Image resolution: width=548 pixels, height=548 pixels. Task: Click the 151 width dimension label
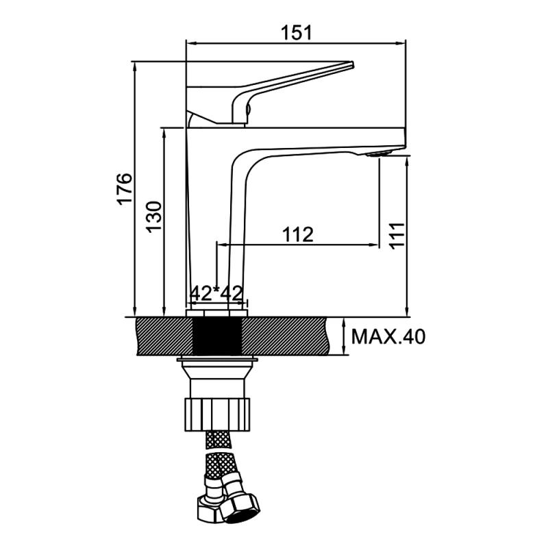click(x=296, y=32)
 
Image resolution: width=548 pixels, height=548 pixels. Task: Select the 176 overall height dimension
click(x=124, y=189)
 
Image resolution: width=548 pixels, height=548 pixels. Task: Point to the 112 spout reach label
click(x=297, y=234)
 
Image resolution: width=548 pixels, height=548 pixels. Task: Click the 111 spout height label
click(x=397, y=235)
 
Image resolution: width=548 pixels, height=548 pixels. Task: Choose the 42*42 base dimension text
click(x=216, y=293)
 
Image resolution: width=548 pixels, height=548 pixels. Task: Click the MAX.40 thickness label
click(x=388, y=336)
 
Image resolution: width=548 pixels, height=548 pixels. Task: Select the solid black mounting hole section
click(x=217, y=336)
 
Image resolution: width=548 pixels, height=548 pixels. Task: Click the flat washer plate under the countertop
click(x=217, y=359)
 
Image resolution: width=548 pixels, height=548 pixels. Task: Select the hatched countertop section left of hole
click(x=165, y=336)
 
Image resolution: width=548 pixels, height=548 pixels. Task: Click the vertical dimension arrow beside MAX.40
click(x=343, y=336)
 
